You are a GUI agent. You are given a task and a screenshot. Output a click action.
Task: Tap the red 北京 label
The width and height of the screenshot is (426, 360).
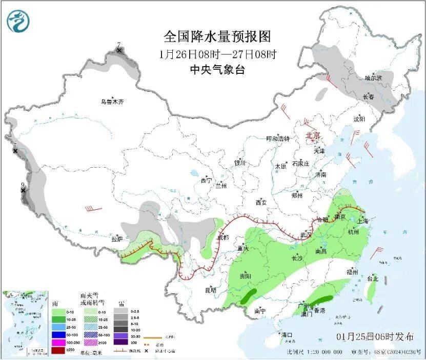click(313, 136)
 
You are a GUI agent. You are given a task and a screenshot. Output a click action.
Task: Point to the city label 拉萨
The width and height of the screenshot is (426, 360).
click(117, 238)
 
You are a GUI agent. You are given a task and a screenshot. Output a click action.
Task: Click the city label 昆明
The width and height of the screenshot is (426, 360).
click(211, 290)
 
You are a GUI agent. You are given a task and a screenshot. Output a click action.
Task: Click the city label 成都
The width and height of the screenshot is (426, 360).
click(224, 237)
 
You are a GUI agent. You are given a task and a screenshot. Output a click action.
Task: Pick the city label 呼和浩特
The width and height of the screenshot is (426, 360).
click(278, 139)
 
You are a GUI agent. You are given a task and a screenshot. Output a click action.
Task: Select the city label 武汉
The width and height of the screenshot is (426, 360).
click(306, 234)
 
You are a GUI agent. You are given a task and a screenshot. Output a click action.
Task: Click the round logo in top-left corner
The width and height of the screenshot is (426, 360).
click(18, 21)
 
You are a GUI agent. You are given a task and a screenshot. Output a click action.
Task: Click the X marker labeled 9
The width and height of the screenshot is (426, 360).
click(23, 190)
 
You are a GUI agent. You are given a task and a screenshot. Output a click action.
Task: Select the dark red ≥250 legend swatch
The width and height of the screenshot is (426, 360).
click(58, 350)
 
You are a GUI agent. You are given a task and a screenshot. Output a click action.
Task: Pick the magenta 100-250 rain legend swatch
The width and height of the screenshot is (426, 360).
click(58, 342)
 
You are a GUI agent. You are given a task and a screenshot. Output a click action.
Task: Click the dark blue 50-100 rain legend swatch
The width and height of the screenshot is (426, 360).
click(58, 333)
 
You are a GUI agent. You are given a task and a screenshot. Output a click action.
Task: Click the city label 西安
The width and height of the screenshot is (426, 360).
click(260, 203)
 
